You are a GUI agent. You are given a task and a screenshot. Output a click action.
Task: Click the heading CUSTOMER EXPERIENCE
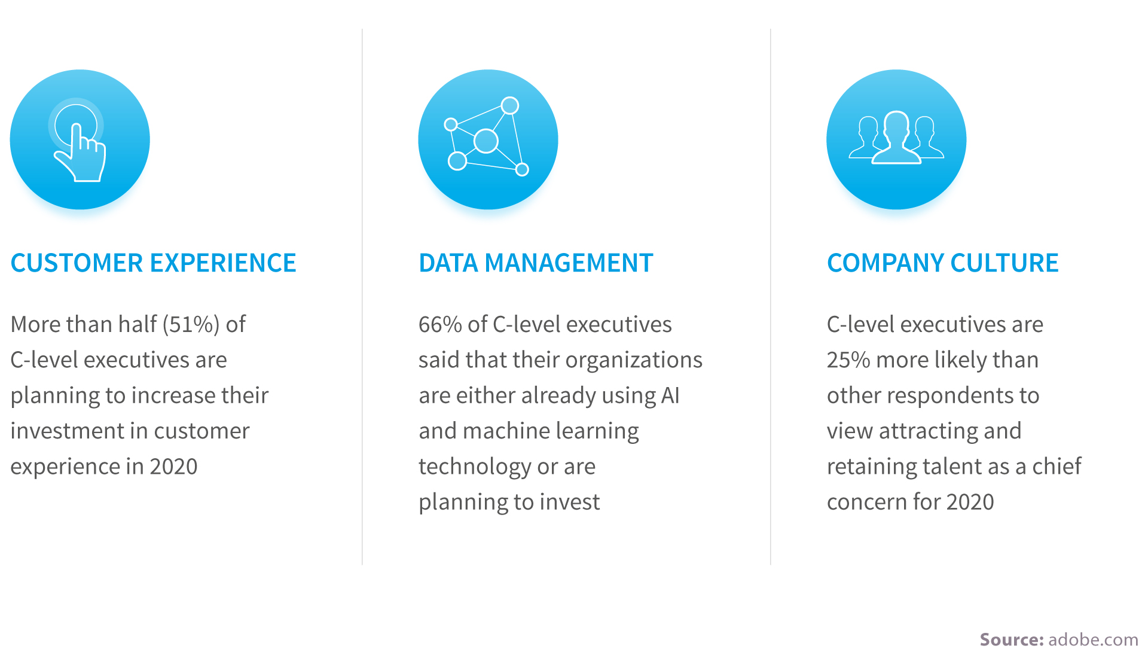154,263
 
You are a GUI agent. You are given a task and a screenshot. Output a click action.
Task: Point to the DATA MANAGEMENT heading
536,263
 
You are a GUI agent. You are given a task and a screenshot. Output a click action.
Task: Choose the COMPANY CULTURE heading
943,263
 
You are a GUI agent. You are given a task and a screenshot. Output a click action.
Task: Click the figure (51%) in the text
191,325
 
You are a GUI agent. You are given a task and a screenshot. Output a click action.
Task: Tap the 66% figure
440,325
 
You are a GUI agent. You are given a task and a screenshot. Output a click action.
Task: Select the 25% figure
848,360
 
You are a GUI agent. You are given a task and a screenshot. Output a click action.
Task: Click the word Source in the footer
1012,639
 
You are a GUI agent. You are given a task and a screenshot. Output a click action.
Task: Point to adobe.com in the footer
1094,639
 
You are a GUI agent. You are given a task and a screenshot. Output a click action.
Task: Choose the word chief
1057,466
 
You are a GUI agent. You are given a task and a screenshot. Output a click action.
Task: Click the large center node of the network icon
486,141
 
